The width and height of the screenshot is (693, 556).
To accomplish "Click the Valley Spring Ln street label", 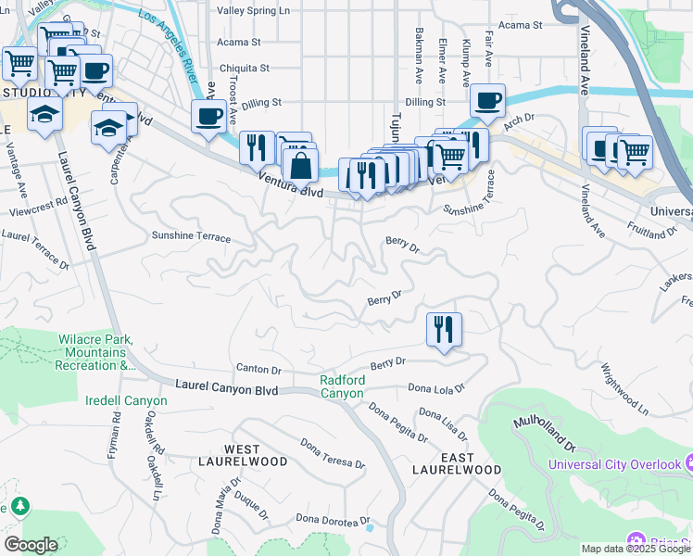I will pyautogui.click(x=253, y=11).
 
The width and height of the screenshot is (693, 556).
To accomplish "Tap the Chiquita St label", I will pyautogui.click(x=245, y=68).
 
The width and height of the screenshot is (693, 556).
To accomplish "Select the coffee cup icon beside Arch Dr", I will pyautogui.click(x=487, y=99).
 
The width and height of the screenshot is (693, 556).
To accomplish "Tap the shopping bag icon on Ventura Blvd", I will pyautogui.click(x=300, y=167).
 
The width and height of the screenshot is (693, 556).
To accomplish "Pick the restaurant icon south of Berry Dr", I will pyautogui.click(x=444, y=328).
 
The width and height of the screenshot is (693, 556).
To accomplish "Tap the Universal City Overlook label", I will pyautogui.click(x=615, y=463).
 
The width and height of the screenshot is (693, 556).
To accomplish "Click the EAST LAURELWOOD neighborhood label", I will pyautogui.click(x=457, y=464).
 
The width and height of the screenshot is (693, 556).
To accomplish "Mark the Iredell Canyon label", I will pyautogui.click(x=126, y=401).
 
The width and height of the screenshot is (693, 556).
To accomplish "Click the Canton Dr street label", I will pyautogui.click(x=258, y=369).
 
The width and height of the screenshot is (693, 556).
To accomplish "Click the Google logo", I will pyautogui.click(x=30, y=544).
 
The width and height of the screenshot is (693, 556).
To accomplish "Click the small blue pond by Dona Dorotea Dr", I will pyautogui.click(x=370, y=527).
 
